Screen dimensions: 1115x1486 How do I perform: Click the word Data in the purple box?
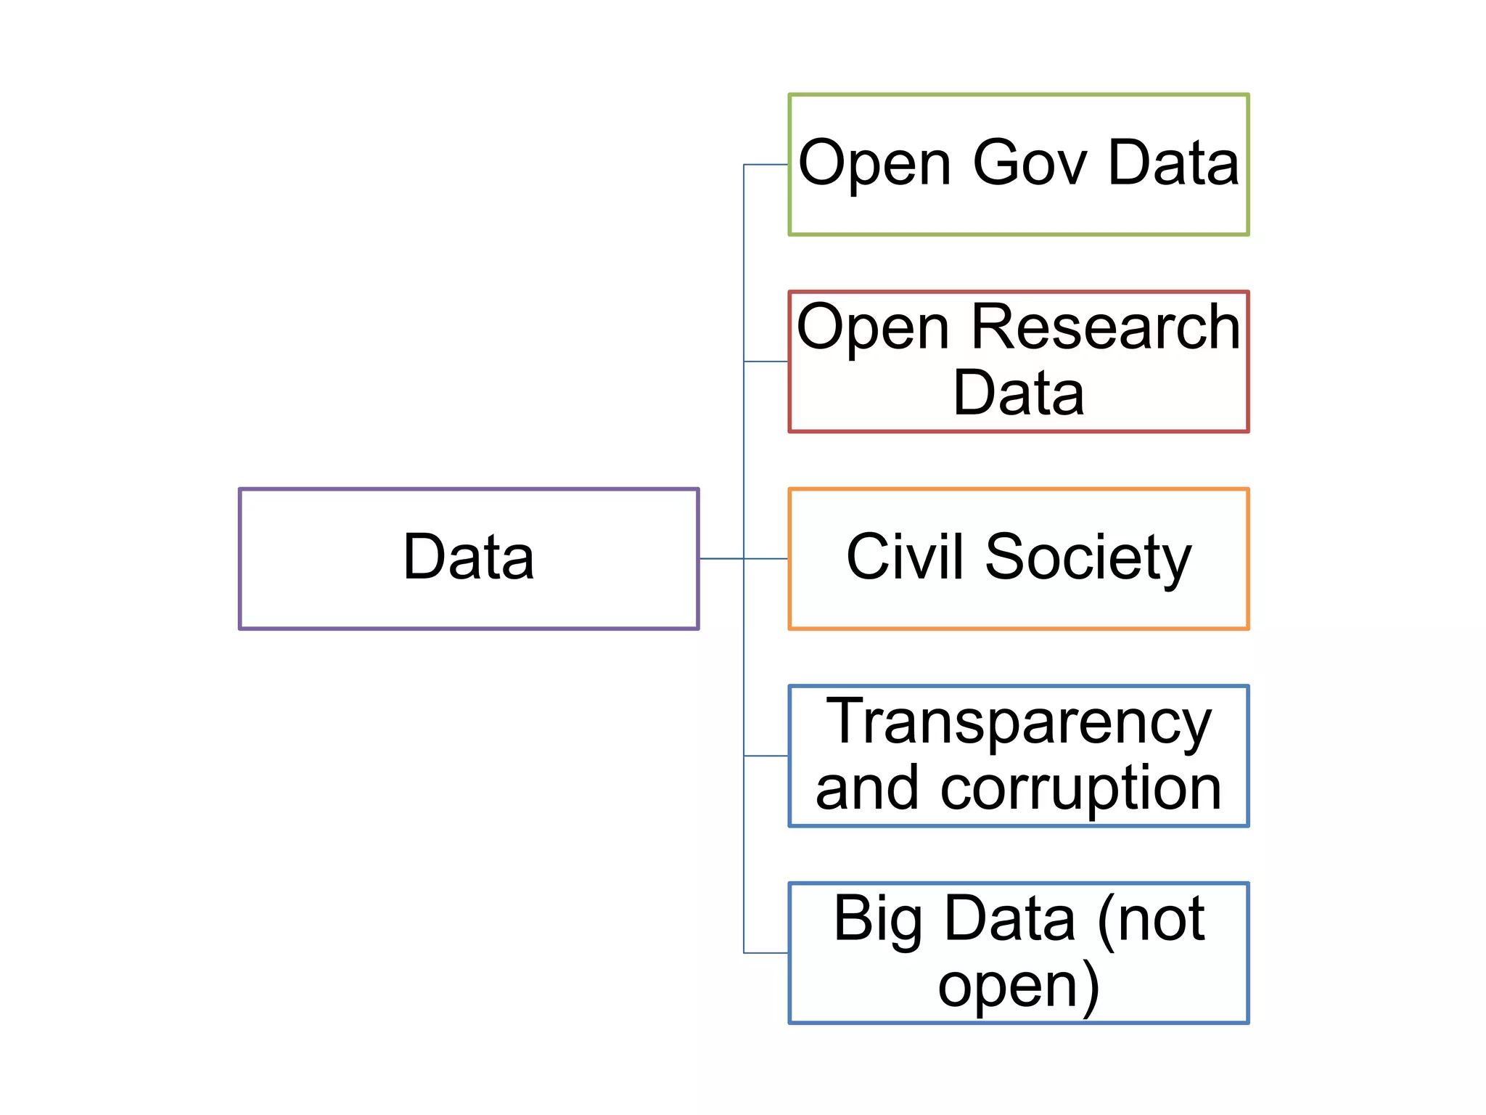[469, 557]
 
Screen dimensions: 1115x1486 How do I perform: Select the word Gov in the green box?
[1030, 163]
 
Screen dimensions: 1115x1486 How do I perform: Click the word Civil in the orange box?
[905, 557]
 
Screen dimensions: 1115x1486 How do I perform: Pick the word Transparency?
[1019, 722]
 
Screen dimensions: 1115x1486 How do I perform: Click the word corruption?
[1081, 788]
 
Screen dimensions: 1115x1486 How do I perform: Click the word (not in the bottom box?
[1152, 919]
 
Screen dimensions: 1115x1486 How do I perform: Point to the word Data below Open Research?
[1019, 393]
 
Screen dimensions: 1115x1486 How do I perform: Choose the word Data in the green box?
[1173, 163]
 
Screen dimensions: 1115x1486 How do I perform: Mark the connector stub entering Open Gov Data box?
[766, 165]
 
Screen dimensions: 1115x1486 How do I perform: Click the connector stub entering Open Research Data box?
[766, 362]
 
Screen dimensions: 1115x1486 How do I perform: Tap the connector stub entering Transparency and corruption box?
[766, 756]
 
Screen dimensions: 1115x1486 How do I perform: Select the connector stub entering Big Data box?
[766, 953]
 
